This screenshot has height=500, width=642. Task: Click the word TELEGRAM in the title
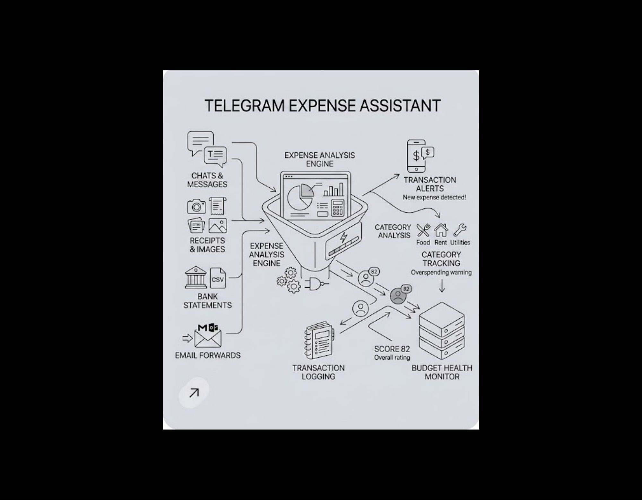coord(244,106)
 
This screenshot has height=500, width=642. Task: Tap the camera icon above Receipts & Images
coord(196,206)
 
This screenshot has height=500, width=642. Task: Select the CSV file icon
coord(217,278)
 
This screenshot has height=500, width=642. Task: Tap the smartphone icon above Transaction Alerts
coord(416,156)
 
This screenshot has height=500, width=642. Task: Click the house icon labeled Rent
coord(441,230)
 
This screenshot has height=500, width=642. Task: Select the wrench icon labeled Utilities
coord(460,230)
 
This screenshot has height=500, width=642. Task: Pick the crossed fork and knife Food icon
coord(423,230)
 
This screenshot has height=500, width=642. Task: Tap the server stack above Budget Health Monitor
coord(442,331)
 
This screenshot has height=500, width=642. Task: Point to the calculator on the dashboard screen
coord(337,208)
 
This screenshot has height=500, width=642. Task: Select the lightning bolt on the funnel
coord(343,237)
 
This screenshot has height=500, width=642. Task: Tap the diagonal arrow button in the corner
coord(194,393)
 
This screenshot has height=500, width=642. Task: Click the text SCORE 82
coord(392,349)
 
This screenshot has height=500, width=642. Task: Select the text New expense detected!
coord(434,197)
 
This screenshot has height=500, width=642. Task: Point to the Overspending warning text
coord(441,272)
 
